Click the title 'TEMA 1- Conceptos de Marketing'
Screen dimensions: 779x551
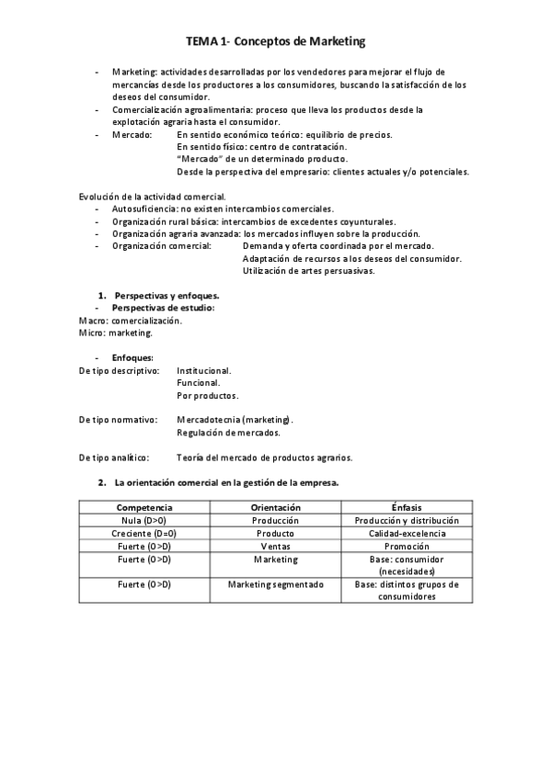[x=276, y=41]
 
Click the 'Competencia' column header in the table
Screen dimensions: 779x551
[x=144, y=507]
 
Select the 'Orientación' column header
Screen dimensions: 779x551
[x=275, y=507]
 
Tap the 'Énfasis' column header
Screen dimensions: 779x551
[x=406, y=507]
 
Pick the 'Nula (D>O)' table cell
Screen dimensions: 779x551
[x=144, y=520]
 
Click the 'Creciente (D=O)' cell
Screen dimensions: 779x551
[x=144, y=533]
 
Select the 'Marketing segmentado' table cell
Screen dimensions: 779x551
[x=275, y=584]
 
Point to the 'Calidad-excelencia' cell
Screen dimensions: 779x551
[x=406, y=533]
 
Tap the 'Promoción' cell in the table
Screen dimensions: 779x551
[x=406, y=546]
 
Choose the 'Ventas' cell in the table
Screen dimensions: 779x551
[x=275, y=546]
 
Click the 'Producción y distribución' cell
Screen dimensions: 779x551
[x=406, y=520]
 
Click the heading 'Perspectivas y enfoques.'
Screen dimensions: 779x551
[x=166, y=295]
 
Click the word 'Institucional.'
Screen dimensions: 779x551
[x=204, y=370]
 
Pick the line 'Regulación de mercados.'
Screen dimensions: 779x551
[x=227, y=432]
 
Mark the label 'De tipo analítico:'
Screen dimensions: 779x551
[x=115, y=457]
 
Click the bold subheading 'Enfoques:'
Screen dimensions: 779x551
[x=132, y=357]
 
